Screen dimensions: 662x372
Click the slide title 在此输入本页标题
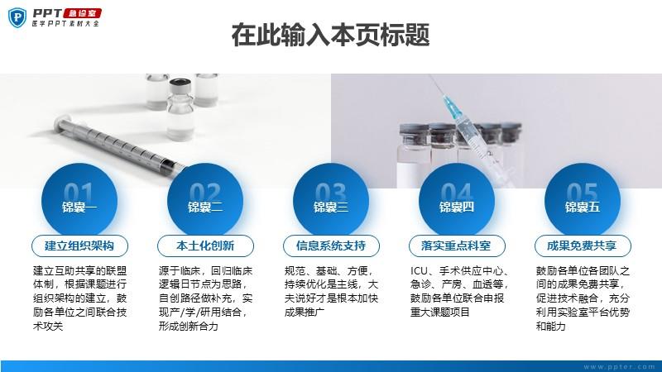(x=330, y=35)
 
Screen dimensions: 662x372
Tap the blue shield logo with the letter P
(x=17, y=17)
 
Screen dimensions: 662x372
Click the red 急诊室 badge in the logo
(x=83, y=13)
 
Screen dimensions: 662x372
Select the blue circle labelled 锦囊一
(x=79, y=201)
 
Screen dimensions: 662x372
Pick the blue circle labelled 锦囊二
(x=205, y=201)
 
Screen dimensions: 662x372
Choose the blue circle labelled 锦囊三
(x=331, y=201)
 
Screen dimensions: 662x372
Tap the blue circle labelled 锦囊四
(x=457, y=201)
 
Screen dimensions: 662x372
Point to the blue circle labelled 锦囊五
(x=583, y=201)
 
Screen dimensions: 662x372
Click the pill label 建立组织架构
(x=79, y=246)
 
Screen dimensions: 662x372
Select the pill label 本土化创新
(x=205, y=246)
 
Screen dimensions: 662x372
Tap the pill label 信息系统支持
(x=332, y=246)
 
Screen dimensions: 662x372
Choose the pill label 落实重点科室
(x=458, y=246)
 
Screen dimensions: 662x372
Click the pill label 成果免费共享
(x=583, y=246)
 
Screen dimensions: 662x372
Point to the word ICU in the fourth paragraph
(x=420, y=271)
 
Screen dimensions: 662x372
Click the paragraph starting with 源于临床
(x=205, y=298)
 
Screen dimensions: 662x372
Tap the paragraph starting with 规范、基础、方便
(x=332, y=292)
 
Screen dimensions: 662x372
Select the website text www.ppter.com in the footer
(x=619, y=366)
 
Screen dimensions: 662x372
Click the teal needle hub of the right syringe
(x=452, y=107)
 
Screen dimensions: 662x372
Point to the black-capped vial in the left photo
(x=181, y=109)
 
